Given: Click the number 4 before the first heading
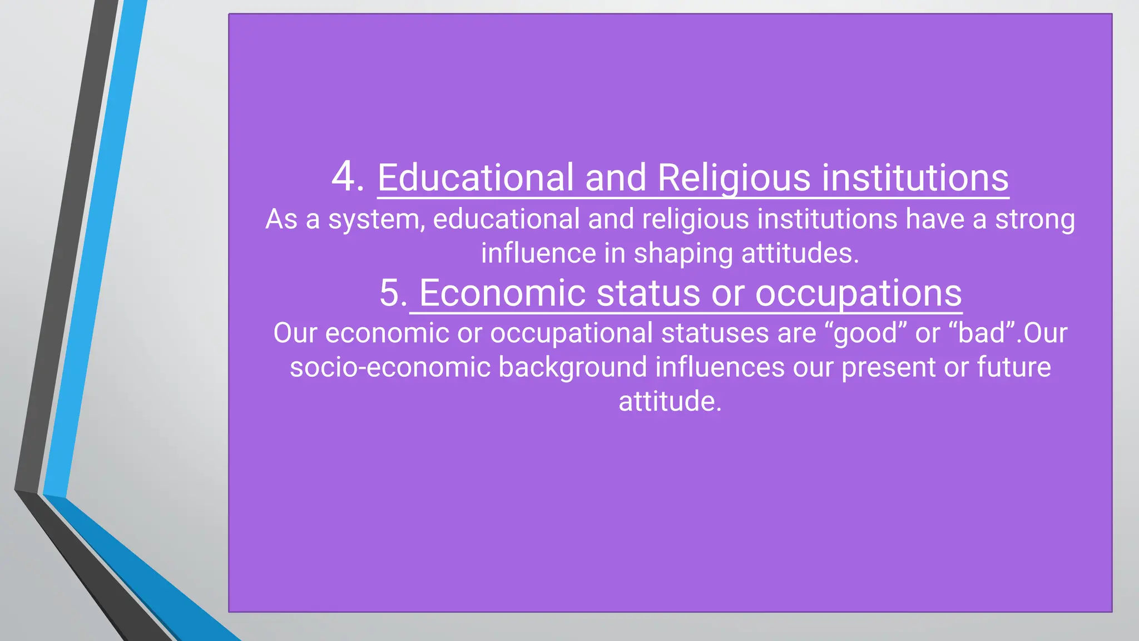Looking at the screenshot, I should (345, 177).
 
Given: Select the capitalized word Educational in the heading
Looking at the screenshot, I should (476, 178).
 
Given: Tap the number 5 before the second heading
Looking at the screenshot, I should (392, 293).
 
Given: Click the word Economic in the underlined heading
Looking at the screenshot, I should (502, 293).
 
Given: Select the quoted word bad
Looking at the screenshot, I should (982, 333).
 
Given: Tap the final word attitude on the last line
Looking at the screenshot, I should (670, 401).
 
